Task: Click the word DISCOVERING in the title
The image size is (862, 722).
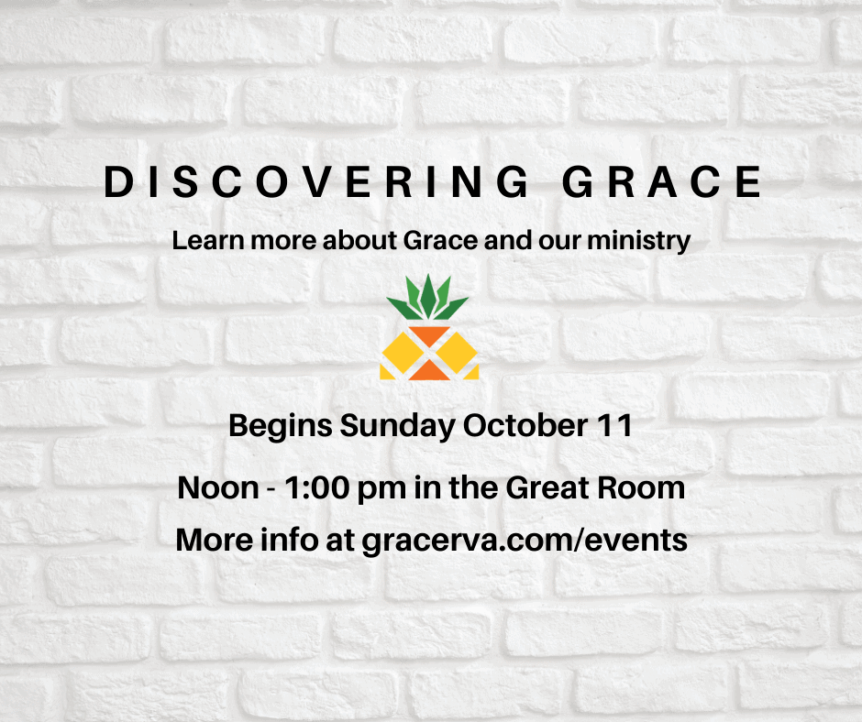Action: coord(316,181)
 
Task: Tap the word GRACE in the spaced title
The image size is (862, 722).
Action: coord(662,181)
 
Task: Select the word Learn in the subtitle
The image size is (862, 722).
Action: coord(208,240)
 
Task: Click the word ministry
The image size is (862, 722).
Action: coord(639,241)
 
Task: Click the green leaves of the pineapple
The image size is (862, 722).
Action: coord(427,297)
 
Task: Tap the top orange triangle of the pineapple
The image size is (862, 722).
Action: coord(429,334)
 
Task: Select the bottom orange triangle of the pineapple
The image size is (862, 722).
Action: coord(429,372)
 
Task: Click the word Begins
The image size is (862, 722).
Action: coord(281,426)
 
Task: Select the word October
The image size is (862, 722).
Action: coord(525,425)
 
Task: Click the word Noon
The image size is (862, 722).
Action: coord(218,488)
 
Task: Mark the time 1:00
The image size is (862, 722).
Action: coord(317,488)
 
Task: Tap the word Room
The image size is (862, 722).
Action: coord(641,488)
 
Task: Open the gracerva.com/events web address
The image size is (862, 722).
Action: coord(525,541)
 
